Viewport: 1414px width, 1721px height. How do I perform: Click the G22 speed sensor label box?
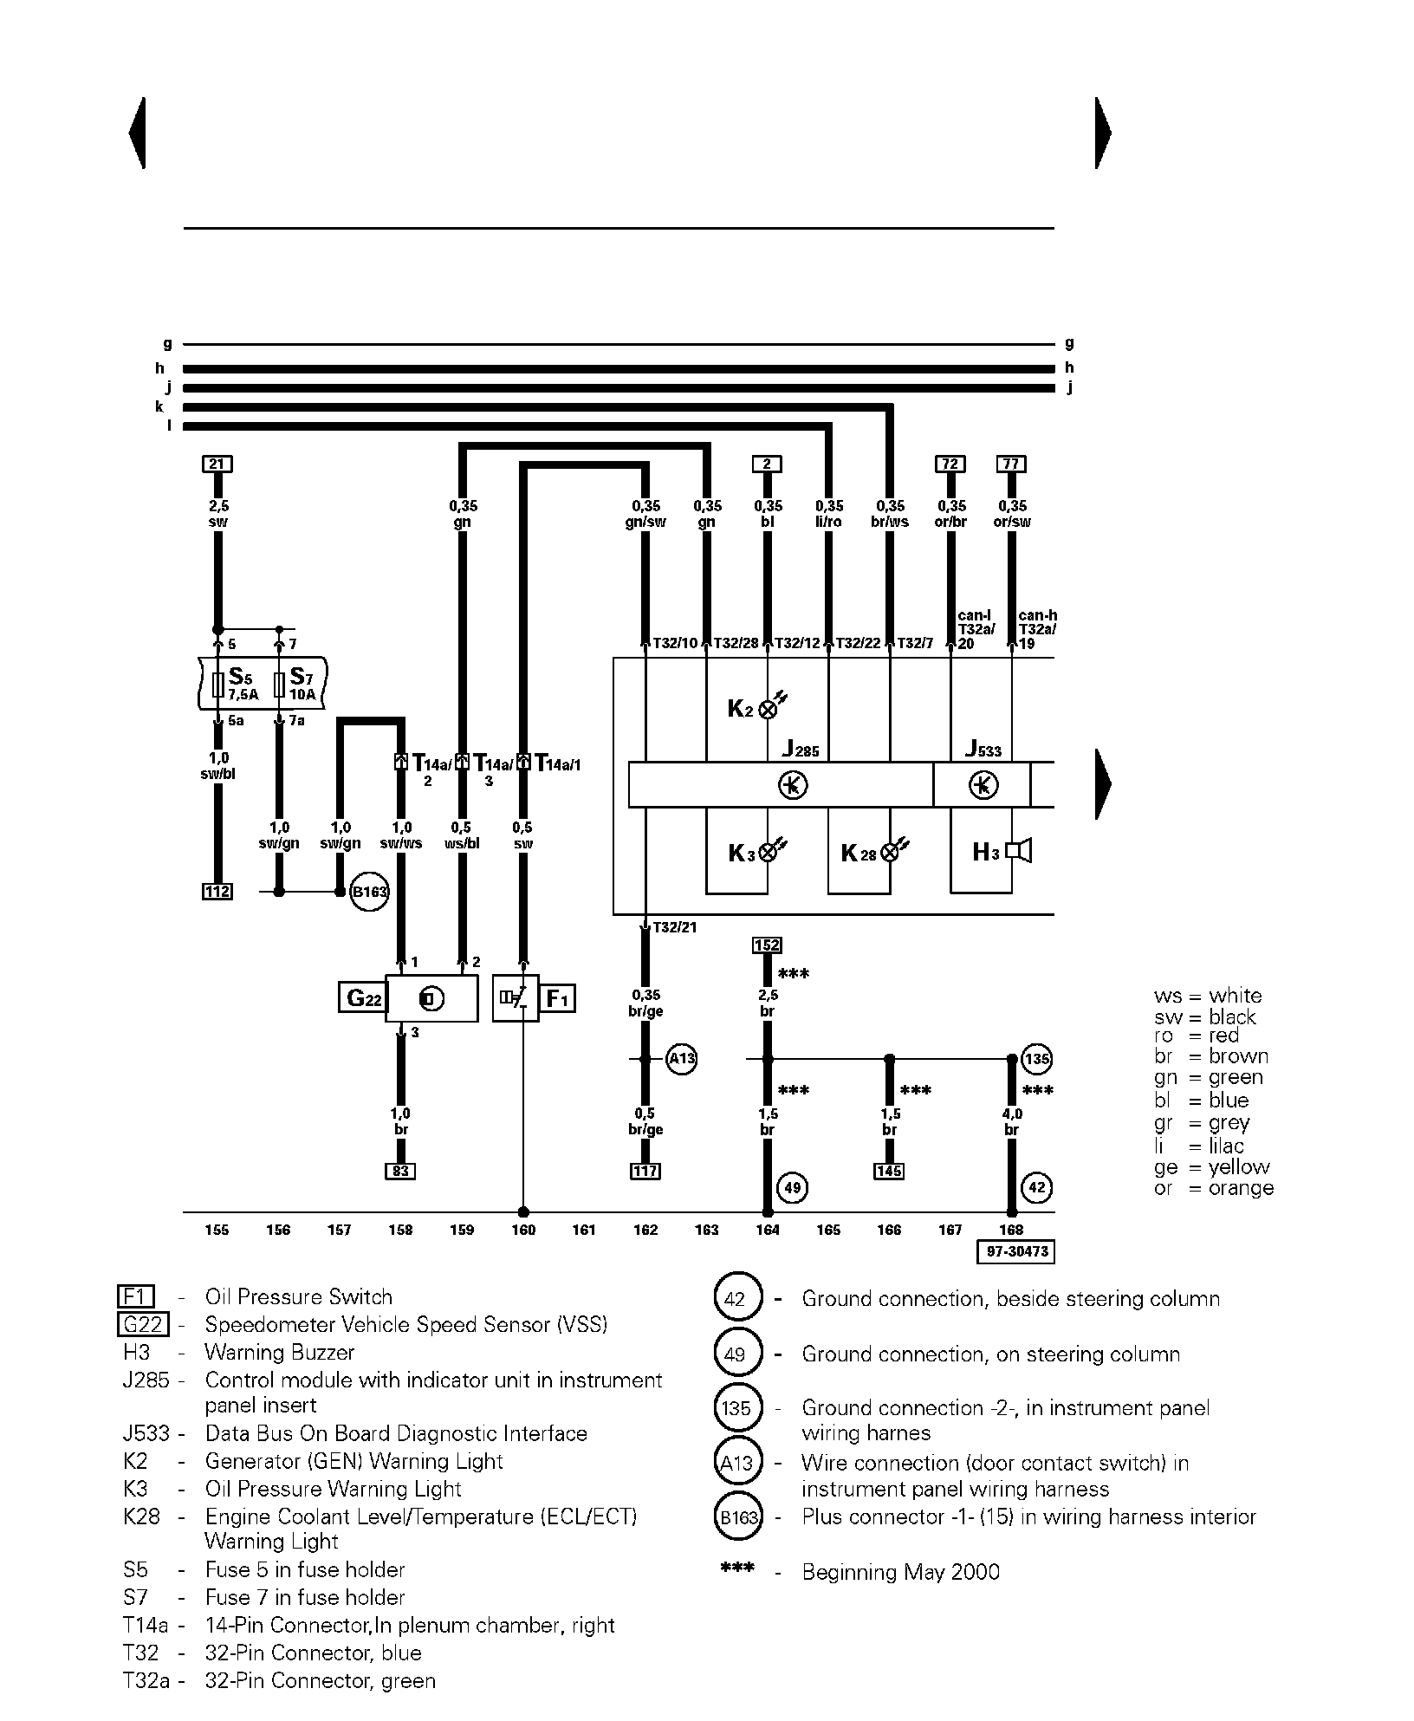pos(361,998)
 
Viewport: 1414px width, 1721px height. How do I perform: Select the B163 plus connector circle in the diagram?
pos(369,892)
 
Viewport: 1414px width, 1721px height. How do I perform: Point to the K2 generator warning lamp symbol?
pos(768,709)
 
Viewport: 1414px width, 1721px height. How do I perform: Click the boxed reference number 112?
pos(217,891)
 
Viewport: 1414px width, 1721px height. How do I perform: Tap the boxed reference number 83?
pos(400,1172)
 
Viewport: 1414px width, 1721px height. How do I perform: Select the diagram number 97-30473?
pos(1015,1251)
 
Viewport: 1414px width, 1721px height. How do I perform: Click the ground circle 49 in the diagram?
pos(793,1187)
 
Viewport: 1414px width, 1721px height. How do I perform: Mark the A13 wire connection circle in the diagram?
pos(682,1059)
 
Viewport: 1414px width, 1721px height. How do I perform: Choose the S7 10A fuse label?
pos(301,684)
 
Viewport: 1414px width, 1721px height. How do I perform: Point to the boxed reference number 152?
pos(768,945)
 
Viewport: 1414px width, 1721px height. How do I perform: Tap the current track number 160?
pos(523,1230)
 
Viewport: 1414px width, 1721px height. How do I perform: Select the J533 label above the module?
pos(983,748)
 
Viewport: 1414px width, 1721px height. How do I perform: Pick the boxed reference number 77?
pos(1011,464)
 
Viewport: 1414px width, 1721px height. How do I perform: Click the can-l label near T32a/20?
pos(975,616)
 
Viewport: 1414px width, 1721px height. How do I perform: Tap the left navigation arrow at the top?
pos(137,133)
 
